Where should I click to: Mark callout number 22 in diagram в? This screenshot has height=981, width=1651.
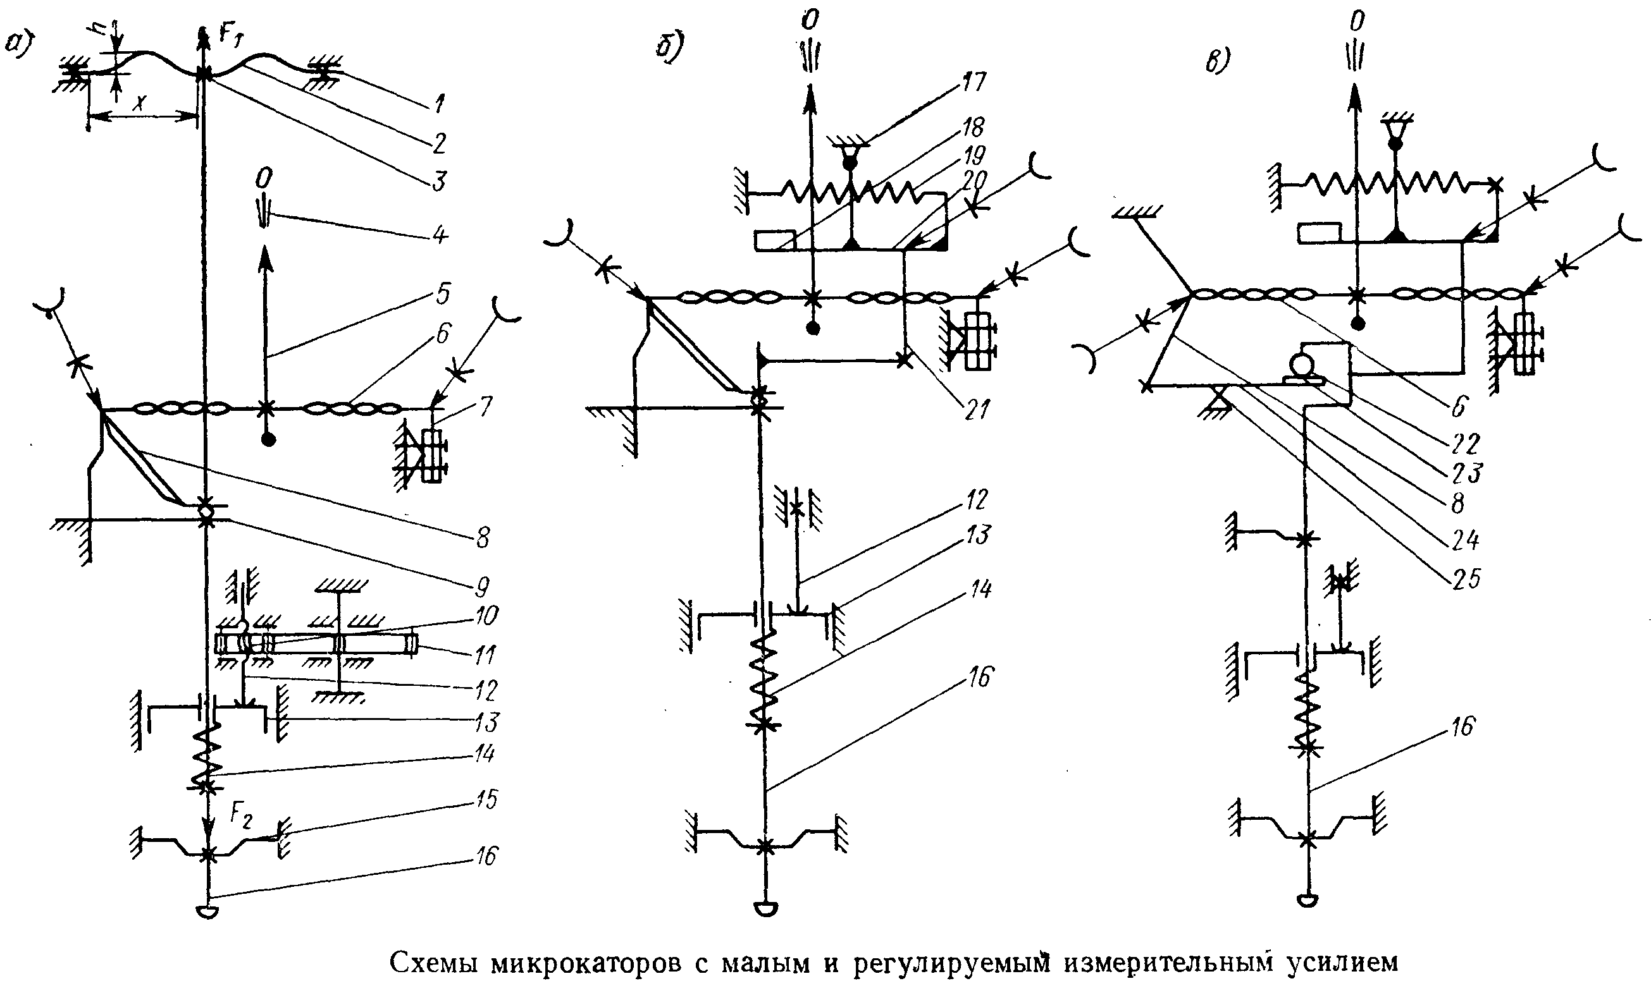[1464, 444]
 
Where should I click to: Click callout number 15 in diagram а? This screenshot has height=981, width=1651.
[487, 799]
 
